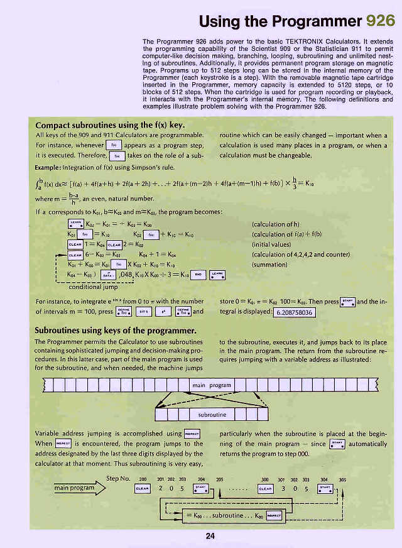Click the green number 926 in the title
380,21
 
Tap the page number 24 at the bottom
210,535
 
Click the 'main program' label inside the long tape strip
212,385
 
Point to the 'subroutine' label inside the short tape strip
212,415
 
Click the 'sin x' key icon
143,311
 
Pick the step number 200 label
143,479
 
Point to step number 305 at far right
342,479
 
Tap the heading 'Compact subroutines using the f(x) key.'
110,124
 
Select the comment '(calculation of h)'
275,224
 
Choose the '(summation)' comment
271,264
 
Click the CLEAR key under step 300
266,488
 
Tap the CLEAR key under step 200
143,488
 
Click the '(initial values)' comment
272,244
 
